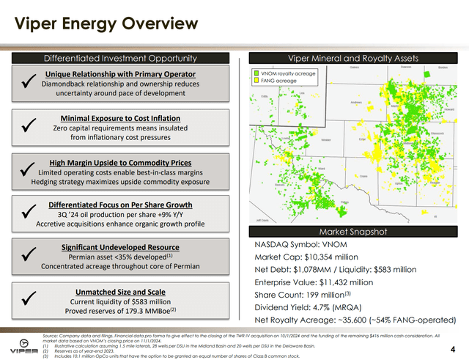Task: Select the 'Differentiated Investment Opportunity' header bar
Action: click(x=121, y=58)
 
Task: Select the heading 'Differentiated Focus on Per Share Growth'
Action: click(x=120, y=205)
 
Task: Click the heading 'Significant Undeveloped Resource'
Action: click(x=120, y=248)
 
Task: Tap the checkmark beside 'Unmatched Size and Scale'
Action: click(x=25, y=300)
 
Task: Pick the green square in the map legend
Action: click(x=255, y=73)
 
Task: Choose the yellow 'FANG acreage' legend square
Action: click(x=255, y=81)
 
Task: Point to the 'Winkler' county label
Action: click(x=326, y=139)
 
